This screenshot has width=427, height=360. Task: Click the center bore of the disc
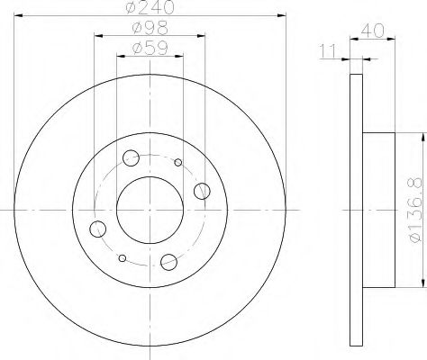150,209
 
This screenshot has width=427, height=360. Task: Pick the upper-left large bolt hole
131,158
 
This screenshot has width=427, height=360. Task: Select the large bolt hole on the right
202,191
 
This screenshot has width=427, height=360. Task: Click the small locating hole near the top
177,163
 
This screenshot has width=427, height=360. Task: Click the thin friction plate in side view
354,209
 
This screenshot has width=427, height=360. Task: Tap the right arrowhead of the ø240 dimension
280,18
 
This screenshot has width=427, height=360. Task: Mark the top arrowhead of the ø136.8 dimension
419,132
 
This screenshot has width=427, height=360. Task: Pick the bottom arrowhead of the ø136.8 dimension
419,286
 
